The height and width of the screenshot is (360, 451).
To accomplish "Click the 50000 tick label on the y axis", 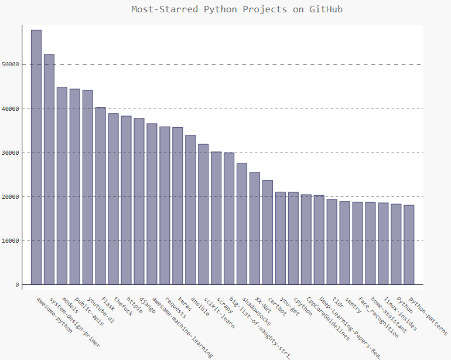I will (11, 64).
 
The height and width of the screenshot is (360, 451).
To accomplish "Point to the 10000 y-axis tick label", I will (11, 241).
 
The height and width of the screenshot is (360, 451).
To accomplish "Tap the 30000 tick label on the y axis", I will (11, 152).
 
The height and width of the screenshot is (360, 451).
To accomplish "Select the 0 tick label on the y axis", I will (17, 285).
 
